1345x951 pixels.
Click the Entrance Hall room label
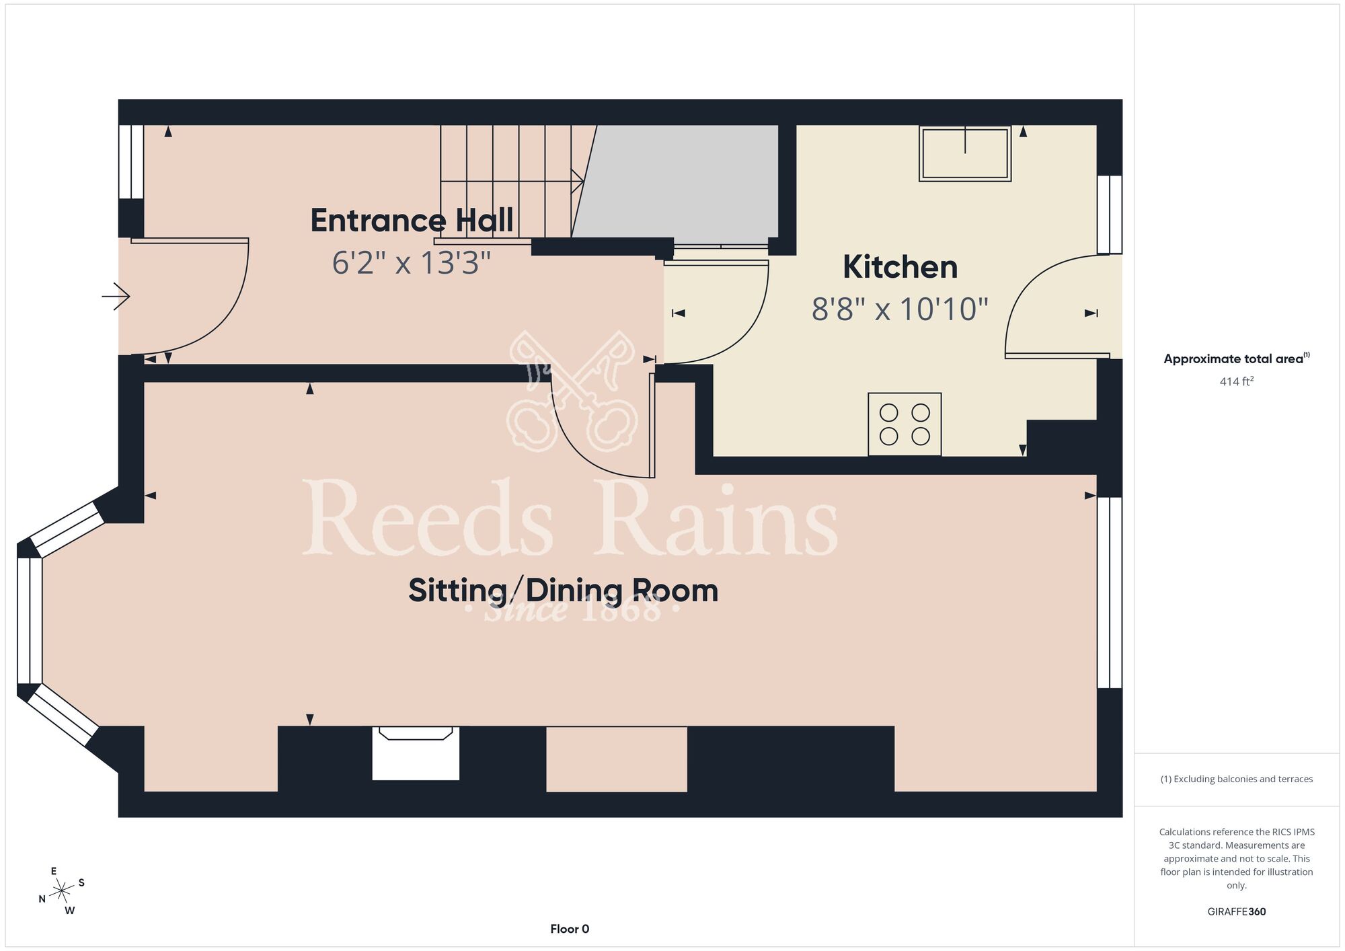coord(412,221)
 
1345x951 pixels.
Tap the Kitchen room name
coord(900,267)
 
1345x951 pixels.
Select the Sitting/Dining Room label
coord(564,591)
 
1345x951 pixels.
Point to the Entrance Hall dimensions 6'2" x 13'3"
coord(412,262)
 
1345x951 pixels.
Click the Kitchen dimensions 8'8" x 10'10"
coord(900,309)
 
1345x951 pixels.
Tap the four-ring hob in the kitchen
coord(905,424)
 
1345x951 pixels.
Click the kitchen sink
coord(965,153)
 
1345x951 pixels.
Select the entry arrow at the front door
coord(116,296)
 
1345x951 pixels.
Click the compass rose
coord(62,891)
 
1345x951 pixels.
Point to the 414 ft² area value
coord(1237,381)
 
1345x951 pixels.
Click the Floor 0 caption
coord(570,929)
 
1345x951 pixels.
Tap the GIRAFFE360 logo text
coord(1237,912)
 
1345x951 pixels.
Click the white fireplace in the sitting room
coord(416,753)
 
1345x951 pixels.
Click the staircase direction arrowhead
coord(577,181)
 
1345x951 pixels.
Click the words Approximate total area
coord(1233,359)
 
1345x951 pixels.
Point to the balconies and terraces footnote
coord(1237,779)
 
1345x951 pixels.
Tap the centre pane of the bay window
coord(30,621)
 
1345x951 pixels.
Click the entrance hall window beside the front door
coord(131,161)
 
